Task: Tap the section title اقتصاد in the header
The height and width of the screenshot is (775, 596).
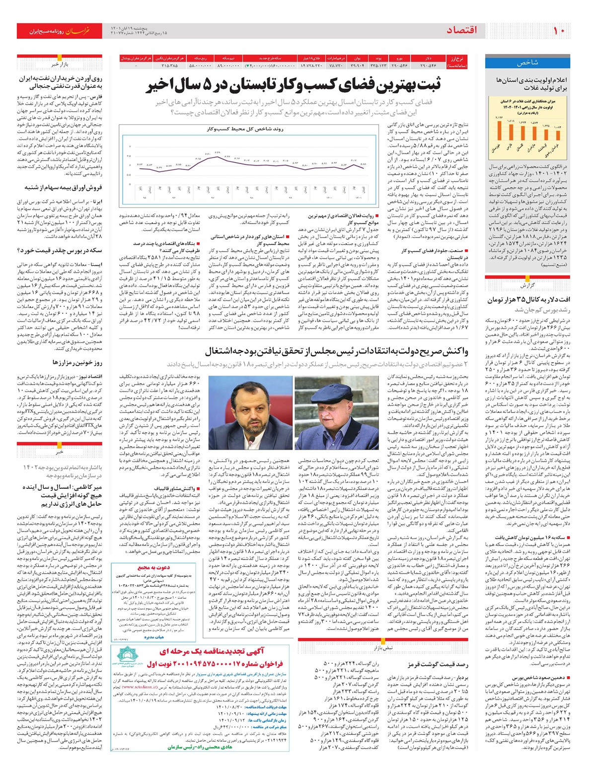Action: [x=462, y=31]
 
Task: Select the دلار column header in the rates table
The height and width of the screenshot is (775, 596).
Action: [x=428, y=59]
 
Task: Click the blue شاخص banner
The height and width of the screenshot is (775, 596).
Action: [x=527, y=63]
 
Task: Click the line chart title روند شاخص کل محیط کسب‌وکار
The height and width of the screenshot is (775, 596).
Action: [x=245, y=129]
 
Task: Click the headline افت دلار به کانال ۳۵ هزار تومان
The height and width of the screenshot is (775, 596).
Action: [x=528, y=300]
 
